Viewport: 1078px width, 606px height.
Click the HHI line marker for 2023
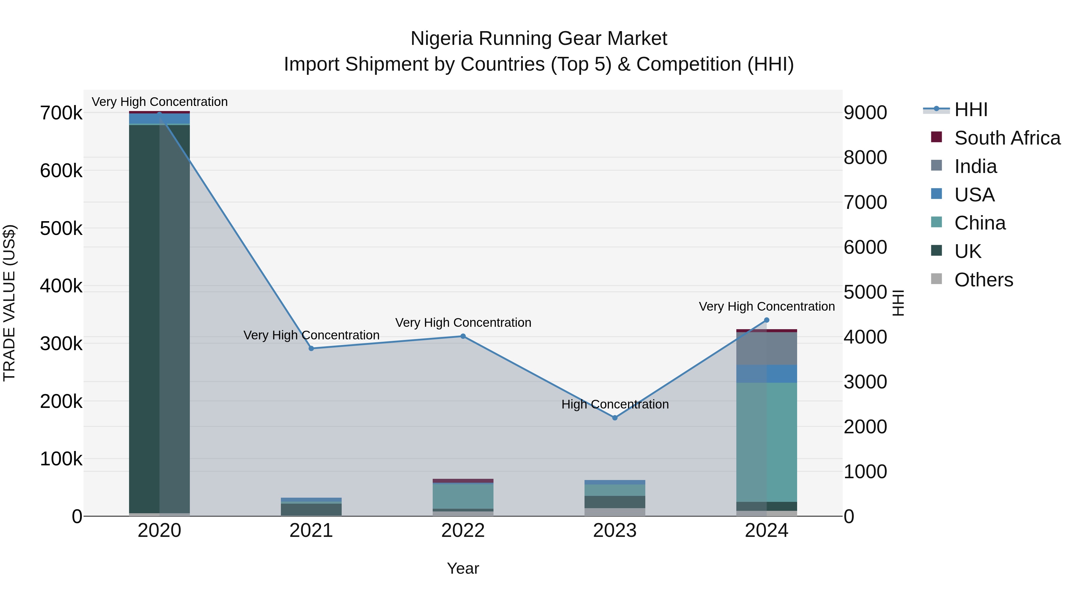[x=615, y=418]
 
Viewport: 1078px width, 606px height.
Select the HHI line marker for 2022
[x=463, y=336]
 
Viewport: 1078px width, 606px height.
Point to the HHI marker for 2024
[x=767, y=320]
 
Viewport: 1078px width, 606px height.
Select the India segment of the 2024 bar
[x=767, y=348]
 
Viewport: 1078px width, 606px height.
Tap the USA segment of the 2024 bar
[x=767, y=373]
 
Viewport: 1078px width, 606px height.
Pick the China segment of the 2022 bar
[x=463, y=496]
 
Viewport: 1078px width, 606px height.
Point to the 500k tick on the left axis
[x=61, y=228]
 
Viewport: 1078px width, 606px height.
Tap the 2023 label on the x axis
[x=615, y=531]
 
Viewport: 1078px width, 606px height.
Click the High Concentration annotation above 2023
[x=615, y=404]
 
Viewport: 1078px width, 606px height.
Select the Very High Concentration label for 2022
[x=463, y=323]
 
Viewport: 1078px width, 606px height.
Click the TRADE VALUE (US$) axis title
[x=9, y=303]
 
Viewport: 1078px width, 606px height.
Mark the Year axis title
[x=463, y=568]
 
